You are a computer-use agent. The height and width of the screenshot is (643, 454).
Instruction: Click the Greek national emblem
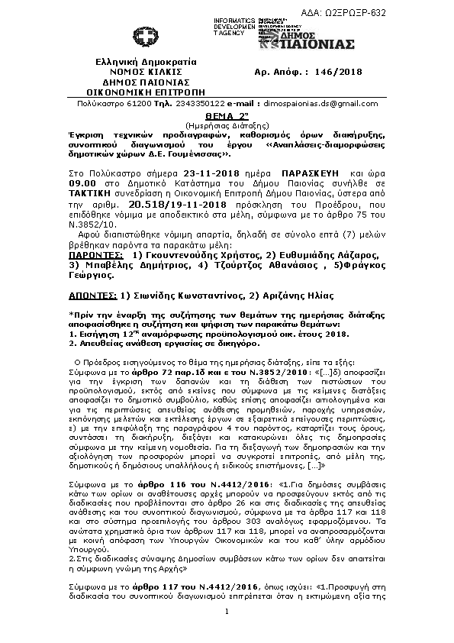point(142,38)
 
